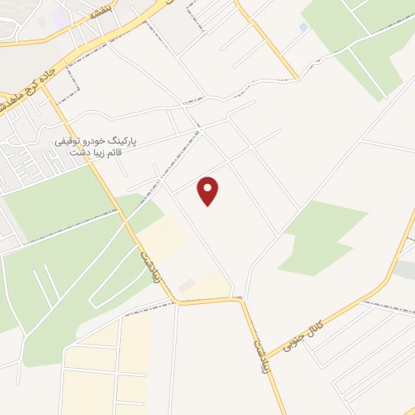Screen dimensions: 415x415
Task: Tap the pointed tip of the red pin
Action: tap(208, 205)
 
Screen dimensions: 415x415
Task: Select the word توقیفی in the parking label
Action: tap(69, 141)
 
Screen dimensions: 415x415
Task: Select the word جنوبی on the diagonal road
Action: tap(297, 344)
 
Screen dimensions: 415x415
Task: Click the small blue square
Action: tap(303, 28)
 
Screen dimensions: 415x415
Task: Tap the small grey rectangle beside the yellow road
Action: tap(187, 285)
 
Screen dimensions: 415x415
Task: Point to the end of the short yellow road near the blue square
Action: tap(297, 78)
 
